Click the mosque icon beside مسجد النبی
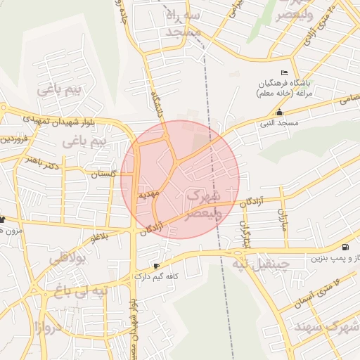click(x=280, y=112)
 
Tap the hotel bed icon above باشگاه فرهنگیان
click(x=284, y=73)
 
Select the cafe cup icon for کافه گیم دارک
click(x=156, y=266)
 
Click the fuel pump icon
click(x=345, y=247)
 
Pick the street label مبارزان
click(x=283, y=220)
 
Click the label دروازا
click(x=48, y=326)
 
